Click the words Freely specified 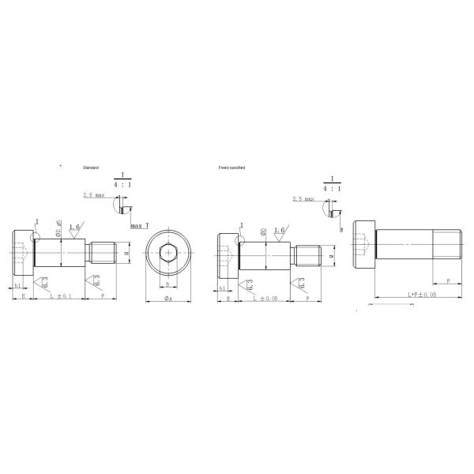[x=232, y=167]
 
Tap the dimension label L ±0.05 [x=265, y=298]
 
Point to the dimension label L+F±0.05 [x=422, y=294]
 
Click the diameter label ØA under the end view [x=168, y=299]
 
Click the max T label [x=140, y=226]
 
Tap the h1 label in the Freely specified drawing [x=222, y=289]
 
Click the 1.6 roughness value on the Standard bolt [x=75, y=227]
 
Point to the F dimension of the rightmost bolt [x=448, y=280]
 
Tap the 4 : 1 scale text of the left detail [x=124, y=183]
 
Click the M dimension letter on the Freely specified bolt [x=331, y=255]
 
